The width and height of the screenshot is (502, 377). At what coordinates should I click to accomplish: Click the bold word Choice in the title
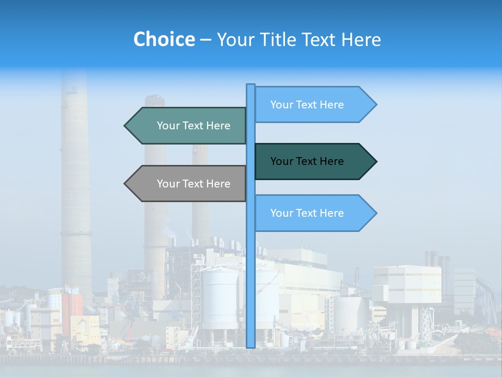[x=164, y=39]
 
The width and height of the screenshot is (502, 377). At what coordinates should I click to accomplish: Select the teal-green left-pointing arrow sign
[x=188, y=126]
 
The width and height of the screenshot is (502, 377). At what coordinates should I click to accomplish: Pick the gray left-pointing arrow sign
[x=188, y=184]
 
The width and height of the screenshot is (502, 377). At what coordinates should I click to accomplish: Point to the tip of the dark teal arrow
[x=375, y=161]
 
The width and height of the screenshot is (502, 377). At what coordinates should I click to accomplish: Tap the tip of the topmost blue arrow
[x=375, y=105]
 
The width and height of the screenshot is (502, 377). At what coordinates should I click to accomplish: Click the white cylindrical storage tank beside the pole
[x=220, y=298]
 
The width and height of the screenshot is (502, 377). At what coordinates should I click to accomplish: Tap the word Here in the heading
[x=361, y=39]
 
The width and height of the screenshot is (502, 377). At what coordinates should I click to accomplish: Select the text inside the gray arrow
[x=193, y=184]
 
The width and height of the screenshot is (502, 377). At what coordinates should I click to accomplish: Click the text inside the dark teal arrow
[x=307, y=161]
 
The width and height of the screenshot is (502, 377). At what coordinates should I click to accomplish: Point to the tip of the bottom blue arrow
[x=375, y=213]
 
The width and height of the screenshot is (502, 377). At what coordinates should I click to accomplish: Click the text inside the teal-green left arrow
[x=193, y=126]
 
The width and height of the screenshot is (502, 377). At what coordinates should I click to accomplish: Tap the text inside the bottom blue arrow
[x=307, y=213]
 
